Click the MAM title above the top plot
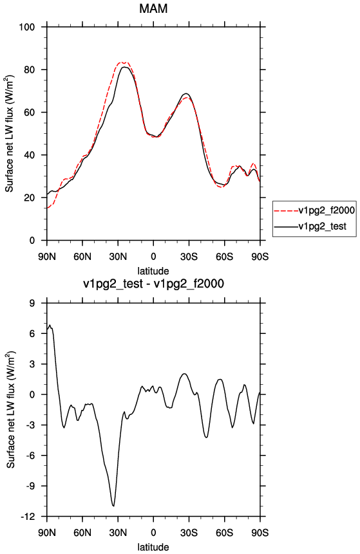click(x=153, y=8)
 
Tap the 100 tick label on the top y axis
click(x=27, y=27)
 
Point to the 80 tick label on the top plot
click(x=30, y=69)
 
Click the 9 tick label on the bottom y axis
click(x=32, y=303)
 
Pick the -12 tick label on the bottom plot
click(x=27, y=517)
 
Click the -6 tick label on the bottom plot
click(x=30, y=456)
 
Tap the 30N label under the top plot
click(x=118, y=257)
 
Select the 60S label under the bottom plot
click(x=225, y=533)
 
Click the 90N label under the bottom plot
click(x=47, y=533)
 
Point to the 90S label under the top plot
click(x=260, y=257)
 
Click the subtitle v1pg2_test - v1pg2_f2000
click(x=153, y=284)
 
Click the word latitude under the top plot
click(x=153, y=271)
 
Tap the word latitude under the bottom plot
click(x=153, y=547)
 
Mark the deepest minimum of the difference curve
click(x=113, y=506)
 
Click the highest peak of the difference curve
click(x=50, y=325)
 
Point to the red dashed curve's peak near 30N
click(x=123, y=62)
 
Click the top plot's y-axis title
click(x=10, y=134)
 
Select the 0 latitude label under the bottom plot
click(x=153, y=533)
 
